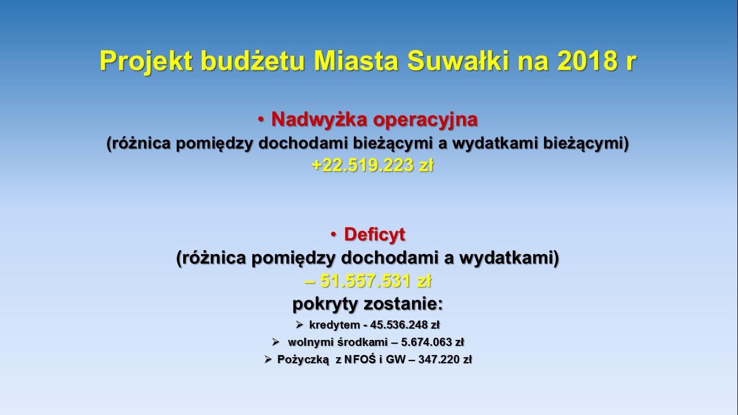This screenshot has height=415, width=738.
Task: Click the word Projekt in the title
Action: tap(146, 61)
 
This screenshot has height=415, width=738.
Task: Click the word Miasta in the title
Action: tap(356, 61)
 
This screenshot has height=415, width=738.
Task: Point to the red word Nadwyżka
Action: tap(319, 119)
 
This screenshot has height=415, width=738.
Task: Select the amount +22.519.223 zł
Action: tap(372, 165)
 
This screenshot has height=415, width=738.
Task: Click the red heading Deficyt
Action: tap(374, 235)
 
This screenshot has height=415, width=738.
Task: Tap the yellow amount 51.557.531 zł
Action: tap(375, 281)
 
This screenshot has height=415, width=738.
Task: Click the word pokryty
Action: tap(325, 304)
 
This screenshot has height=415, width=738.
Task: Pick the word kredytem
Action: tap(334, 325)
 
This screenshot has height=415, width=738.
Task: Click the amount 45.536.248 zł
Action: tap(405, 325)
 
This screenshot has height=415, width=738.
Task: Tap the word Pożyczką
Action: tap(303, 360)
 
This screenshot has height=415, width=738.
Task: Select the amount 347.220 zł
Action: tap(445, 359)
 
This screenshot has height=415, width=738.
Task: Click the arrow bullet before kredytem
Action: tap(299, 325)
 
